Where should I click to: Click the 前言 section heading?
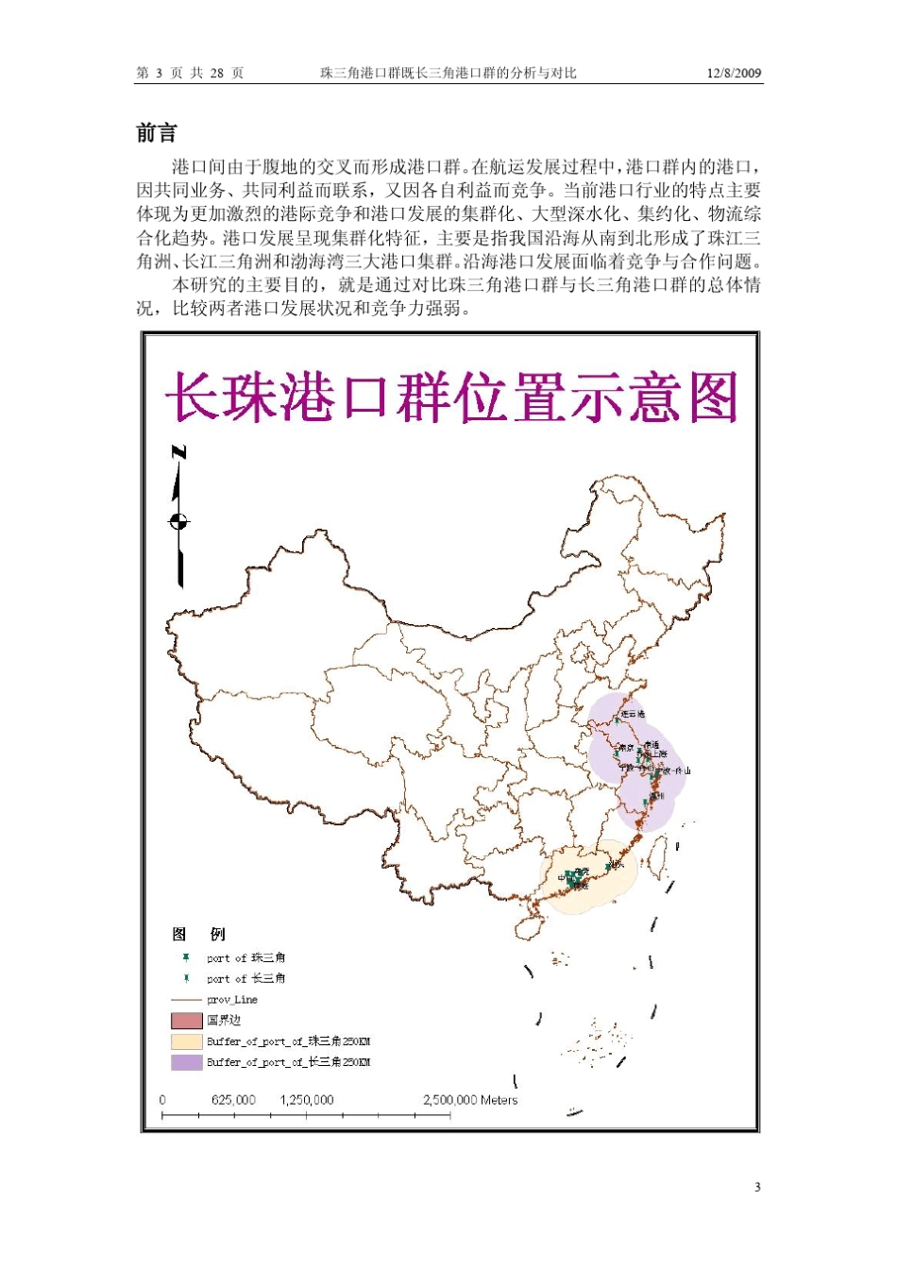click(x=157, y=133)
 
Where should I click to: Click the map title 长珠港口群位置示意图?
click(x=451, y=398)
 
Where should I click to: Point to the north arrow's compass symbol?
click(x=178, y=521)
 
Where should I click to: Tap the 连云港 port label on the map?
click(x=634, y=714)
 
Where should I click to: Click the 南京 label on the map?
click(x=625, y=749)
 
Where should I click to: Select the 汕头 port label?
click(x=617, y=863)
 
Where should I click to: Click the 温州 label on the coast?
click(x=656, y=796)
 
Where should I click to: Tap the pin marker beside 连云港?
click(x=617, y=720)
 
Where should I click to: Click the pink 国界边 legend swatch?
click(x=186, y=1021)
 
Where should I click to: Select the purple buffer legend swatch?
click(x=186, y=1062)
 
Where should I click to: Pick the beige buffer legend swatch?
click(x=186, y=1041)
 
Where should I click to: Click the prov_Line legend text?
click(x=232, y=1000)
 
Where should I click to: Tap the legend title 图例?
click(x=198, y=934)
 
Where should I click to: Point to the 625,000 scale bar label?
click(x=233, y=1100)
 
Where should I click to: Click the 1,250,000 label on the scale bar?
click(x=307, y=1100)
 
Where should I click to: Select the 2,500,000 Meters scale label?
click(x=470, y=1100)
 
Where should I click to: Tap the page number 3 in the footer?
click(x=757, y=1187)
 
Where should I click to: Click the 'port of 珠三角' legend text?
click(x=246, y=957)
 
